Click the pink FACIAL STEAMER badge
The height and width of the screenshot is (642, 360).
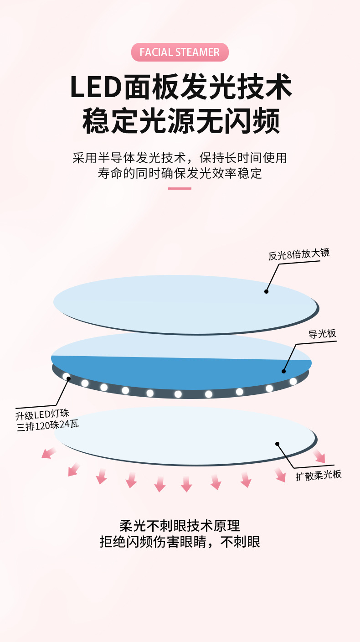(180, 52)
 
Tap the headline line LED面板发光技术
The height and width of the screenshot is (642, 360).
(180, 87)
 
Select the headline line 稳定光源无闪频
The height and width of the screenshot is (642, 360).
(180, 121)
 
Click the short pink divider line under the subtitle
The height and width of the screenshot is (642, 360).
(180, 188)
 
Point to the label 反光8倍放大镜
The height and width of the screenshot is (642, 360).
(299, 254)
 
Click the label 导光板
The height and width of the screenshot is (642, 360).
(322, 334)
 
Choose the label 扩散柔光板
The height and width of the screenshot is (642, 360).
(318, 475)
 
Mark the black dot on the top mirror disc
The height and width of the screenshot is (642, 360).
(266, 291)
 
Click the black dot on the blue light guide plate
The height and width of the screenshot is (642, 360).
(283, 371)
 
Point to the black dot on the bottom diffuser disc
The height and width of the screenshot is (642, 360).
(277, 443)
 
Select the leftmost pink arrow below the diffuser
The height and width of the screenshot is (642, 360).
(48, 452)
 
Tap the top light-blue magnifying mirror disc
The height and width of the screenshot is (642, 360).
(182, 301)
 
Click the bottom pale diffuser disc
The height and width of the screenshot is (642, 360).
(182, 433)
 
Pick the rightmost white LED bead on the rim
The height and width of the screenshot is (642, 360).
(293, 381)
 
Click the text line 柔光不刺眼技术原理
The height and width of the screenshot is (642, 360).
(180, 526)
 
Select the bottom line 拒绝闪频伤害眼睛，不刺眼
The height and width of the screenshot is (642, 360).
(180, 542)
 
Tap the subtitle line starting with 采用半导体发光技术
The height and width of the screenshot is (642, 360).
(180, 158)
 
